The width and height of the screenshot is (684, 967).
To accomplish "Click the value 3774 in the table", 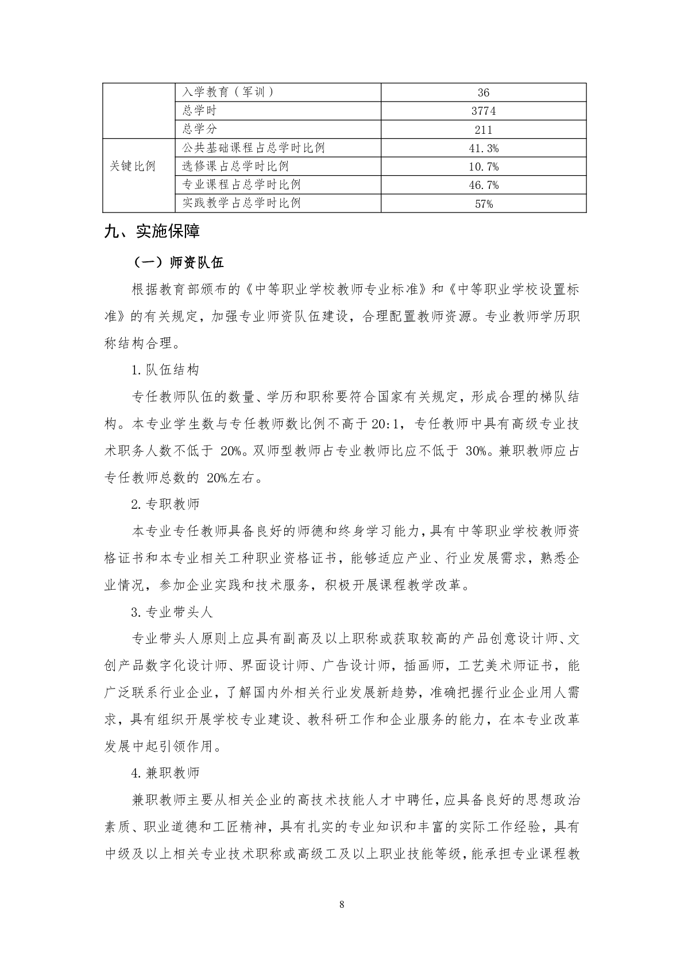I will (483, 111).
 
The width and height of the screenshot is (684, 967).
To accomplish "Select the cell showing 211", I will (483, 130).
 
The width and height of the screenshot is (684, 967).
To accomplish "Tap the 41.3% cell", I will (483, 148).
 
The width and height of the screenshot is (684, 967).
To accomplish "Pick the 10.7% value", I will (483, 167).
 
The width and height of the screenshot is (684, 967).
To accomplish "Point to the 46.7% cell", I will (483, 185).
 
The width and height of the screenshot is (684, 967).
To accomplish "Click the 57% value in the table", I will (483, 204).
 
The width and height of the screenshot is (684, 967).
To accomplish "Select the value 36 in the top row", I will (483, 93).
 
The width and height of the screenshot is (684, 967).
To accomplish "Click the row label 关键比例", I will (133, 167).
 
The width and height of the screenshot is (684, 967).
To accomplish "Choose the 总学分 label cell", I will (199, 129).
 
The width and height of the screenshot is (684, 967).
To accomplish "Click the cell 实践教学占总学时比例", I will (241, 203).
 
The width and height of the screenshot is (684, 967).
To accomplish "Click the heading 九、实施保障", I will (152, 232).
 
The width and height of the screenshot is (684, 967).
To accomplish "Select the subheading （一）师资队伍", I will (179, 262).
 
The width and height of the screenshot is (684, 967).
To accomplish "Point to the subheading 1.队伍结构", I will (165, 370).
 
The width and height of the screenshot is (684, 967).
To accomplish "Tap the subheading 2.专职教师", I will (165, 504).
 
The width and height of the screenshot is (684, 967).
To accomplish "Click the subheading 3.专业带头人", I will (172, 612).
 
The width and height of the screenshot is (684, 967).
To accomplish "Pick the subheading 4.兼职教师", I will (165, 773).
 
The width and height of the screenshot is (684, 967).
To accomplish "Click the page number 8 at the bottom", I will (342, 905).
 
